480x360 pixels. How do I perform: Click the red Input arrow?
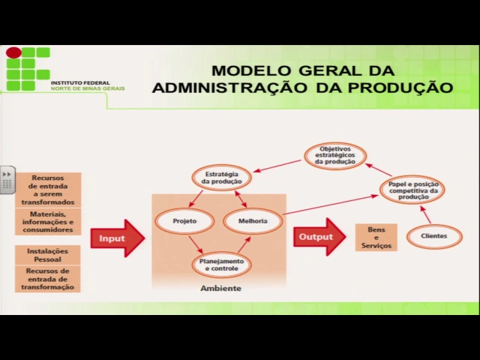point(117,238)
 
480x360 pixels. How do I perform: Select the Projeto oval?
point(184,222)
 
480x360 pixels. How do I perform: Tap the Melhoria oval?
point(252,222)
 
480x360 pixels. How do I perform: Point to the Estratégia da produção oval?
point(221,178)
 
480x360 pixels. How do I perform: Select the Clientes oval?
point(433,236)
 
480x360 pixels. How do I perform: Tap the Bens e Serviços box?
point(376,237)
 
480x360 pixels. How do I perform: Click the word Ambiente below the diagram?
point(220,289)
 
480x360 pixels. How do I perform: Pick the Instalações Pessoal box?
point(48,255)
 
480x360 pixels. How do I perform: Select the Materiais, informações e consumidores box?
point(48,221)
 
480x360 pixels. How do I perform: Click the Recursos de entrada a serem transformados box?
point(48,190)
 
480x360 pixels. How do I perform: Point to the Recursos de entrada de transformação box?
point(48,279)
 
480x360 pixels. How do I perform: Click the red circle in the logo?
point(13,52)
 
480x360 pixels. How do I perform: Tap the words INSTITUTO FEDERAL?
point(79,82)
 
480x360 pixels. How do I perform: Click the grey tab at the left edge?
point(7,180)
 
